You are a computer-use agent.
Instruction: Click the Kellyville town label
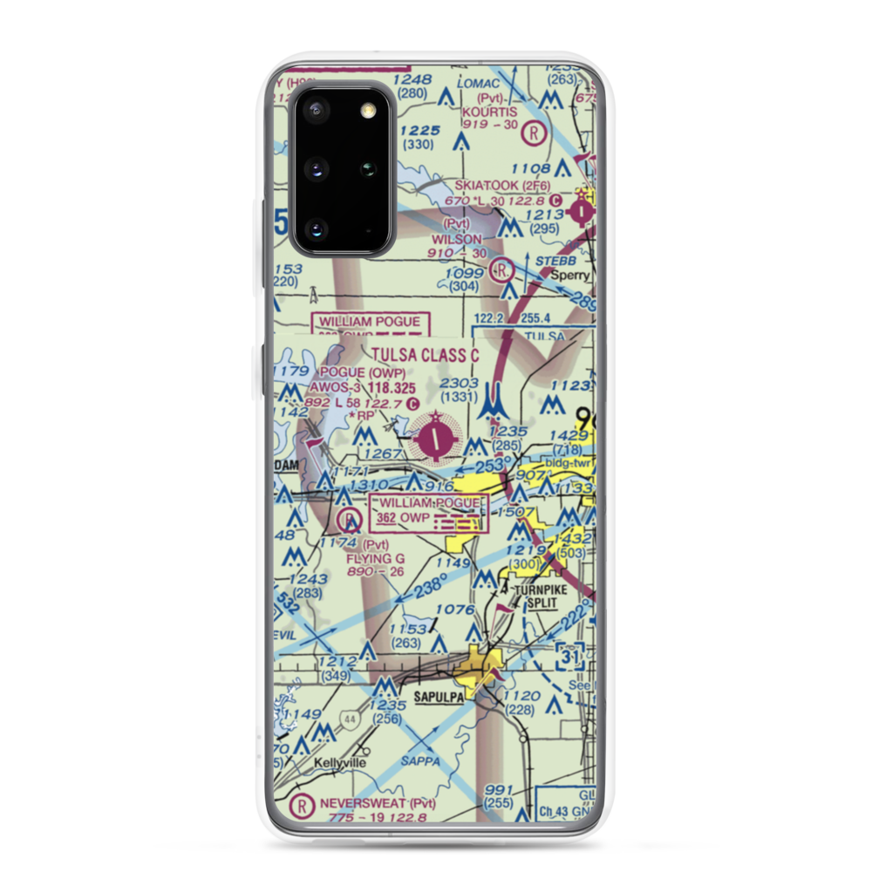337,762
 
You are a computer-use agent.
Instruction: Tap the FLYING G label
375,557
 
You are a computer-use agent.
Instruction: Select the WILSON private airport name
455,239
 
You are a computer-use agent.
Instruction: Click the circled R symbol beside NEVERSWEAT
302,803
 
